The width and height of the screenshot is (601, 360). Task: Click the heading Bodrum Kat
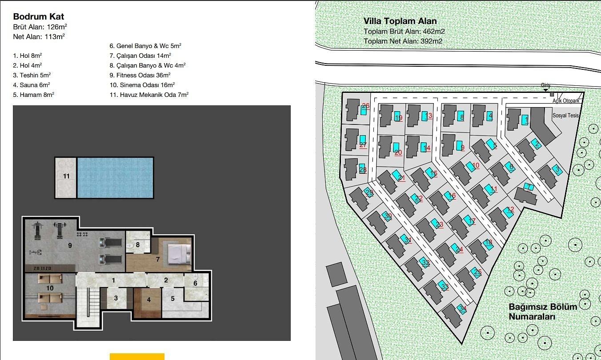(x=38, y=16)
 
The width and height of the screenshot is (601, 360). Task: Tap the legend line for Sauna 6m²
(x=32, y=85)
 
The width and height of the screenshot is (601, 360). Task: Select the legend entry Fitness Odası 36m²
(x=140, y=75)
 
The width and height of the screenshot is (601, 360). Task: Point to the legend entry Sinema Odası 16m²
(x=142, y=85)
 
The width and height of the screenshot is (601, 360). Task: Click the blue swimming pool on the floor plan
(x=116, y=178)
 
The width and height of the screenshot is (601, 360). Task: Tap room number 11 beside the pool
(x=66, y=176)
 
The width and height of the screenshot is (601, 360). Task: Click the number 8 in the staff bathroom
(x=138, y=244)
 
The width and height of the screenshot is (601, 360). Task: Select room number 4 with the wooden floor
(x=149, y=300)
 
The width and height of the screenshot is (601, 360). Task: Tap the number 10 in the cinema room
(x=50, y=288)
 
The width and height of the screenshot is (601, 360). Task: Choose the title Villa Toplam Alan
(x=400, y=21)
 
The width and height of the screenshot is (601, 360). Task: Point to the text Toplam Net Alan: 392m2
(x=403, y=41)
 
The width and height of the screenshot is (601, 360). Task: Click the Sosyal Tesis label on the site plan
(x=565, y=116)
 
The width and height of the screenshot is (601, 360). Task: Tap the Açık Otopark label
(x=566, y=101)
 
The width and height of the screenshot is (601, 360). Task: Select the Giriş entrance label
(x=545, y=85)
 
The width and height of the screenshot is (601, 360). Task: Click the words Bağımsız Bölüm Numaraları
(x=543, y=312)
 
